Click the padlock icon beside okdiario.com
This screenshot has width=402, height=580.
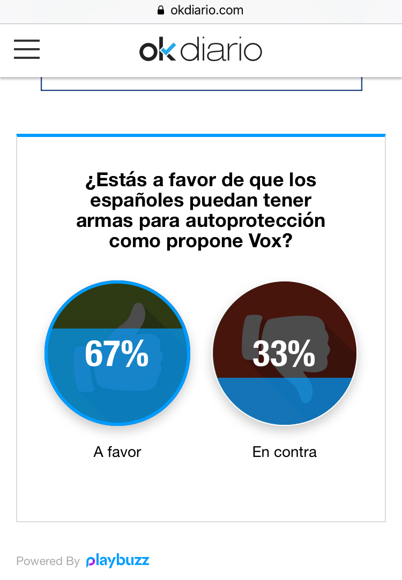pos(160,10)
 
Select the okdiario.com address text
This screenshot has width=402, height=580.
pos(206,10)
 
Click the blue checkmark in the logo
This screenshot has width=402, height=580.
pos(168,50)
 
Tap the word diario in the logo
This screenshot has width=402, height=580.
pos(221,51)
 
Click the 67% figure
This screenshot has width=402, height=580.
pos(117,354)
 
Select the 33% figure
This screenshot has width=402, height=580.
pos(284,354)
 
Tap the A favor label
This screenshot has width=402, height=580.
pos(117,452)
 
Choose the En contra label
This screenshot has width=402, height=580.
pos(284,452)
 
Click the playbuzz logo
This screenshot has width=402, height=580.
pos(118,561)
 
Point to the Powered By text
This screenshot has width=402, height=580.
pos(48,561)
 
